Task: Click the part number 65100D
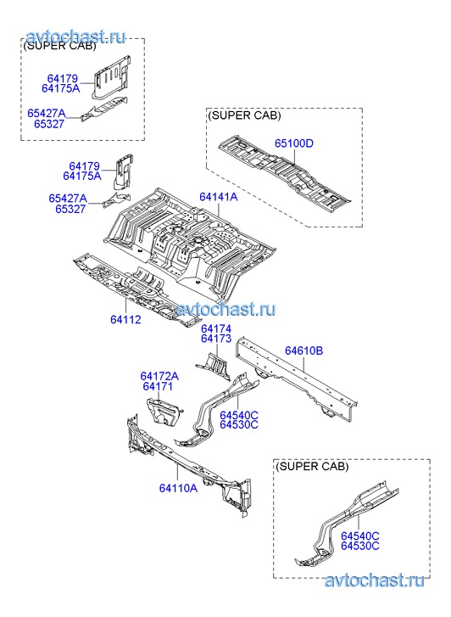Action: coord(293,143)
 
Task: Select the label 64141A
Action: coord(218,197)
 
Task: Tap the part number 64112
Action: coord(125,319)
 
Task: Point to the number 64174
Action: coord(216,329)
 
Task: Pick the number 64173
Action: coord(216,339)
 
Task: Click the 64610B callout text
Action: coord(304,351)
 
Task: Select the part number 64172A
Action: coord(159,376)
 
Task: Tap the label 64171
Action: coord(158,386)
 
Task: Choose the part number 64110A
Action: coord(178,488)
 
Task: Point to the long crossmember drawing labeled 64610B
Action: coord(297,379)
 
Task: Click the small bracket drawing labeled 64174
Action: coord(213,367)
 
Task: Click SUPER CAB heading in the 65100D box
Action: coord(244,115)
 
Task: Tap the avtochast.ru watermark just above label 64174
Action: coord(225,310)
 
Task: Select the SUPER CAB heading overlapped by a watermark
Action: coord(59,45)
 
